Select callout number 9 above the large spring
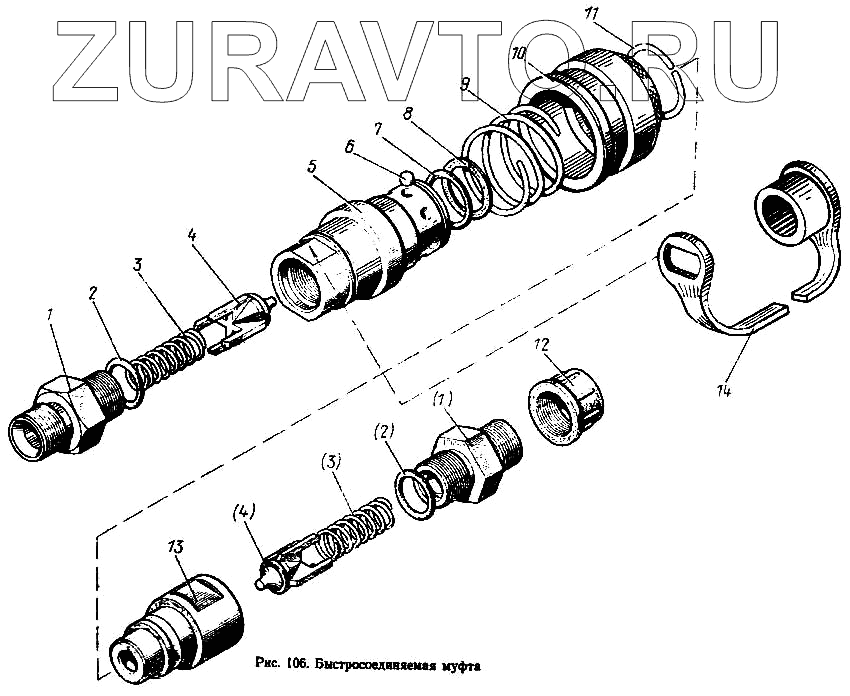click(x=465, y=85)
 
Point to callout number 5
click(x=313, y=166)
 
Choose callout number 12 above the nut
click(x=541, y=345)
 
